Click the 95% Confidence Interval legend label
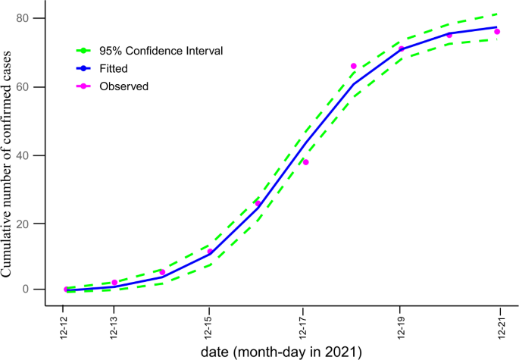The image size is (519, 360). pos(161,51)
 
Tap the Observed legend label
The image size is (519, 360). pos(123,86)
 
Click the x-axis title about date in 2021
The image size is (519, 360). pos(281,352)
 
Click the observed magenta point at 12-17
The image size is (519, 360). pos(305,162)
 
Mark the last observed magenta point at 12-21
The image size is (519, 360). pos(497,32)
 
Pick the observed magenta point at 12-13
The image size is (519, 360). pos(114,282)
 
